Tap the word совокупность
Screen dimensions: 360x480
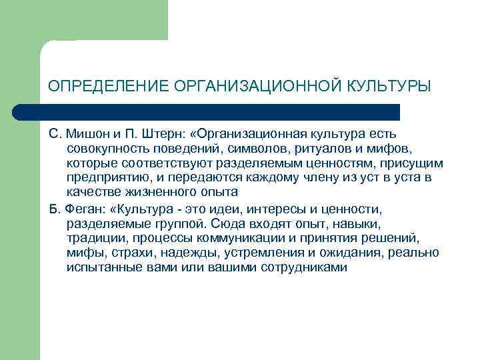[x=107, y=149]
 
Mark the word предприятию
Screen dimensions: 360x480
[x=105, y=177]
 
